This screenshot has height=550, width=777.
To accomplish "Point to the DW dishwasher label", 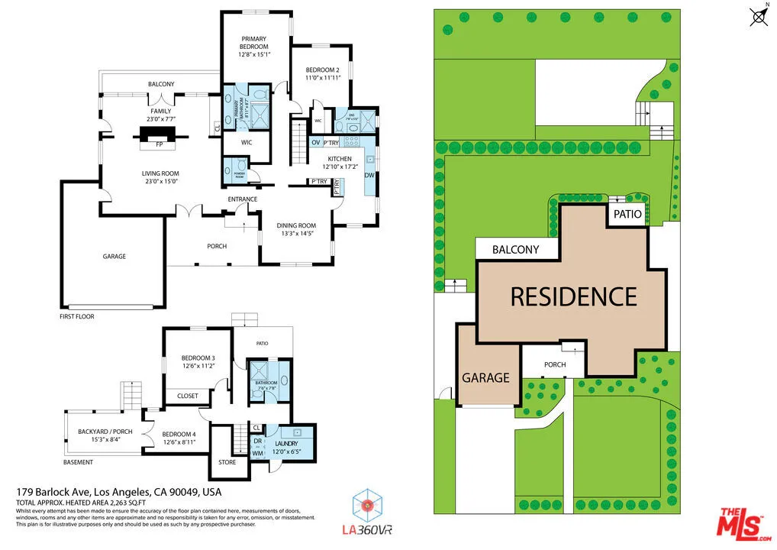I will click(369, 175).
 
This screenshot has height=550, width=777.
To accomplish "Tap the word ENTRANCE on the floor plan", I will click(242, 199).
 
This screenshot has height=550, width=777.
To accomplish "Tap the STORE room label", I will click(227, 462).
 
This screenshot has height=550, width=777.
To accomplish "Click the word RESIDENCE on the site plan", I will click(573, 296).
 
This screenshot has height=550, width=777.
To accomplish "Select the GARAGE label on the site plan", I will click(485, 377).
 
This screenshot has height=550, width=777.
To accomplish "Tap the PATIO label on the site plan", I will click(627, 215).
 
